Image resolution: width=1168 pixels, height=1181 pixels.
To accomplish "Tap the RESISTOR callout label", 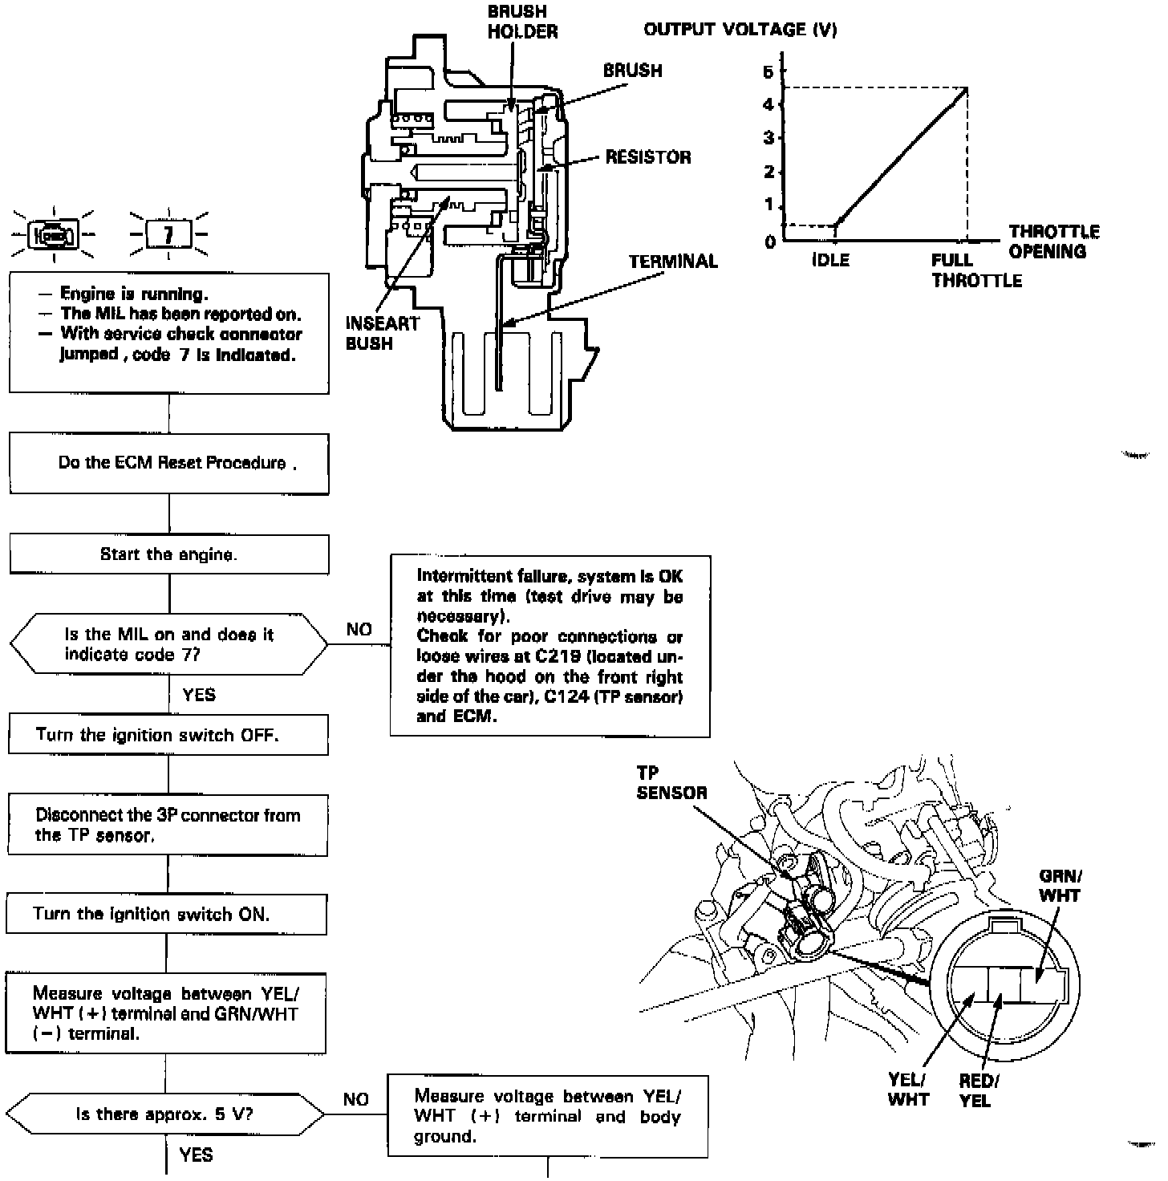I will click(648, 157).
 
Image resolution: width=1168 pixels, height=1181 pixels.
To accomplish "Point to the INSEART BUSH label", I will click(382, 333).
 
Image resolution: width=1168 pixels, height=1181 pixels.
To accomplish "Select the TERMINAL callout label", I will click(673, 262).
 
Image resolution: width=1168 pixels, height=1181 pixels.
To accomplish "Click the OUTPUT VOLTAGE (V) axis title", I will click(740, 30).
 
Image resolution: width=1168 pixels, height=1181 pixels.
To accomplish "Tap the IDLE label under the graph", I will click(830, 261).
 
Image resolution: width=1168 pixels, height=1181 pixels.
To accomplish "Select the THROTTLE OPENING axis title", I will click(1053, 241).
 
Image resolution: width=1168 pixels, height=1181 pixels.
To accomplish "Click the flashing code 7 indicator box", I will click(168, 235).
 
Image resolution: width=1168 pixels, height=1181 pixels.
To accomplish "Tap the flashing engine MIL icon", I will click(53, 235).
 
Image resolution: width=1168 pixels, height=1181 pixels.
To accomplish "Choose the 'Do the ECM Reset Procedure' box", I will click(169, 464).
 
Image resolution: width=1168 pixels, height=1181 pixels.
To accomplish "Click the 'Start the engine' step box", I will click(168, 554).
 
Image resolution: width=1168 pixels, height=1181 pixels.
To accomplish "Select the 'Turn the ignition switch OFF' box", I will click(168, 735).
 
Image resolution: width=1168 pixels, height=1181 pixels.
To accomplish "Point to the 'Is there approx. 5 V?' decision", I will click(166, 1114).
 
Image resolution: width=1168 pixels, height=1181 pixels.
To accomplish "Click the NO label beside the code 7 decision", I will click(359, 630).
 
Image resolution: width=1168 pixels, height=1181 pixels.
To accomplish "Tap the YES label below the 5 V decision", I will click(197, 1155).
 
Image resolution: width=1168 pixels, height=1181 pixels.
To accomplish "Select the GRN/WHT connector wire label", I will click(1059, 886).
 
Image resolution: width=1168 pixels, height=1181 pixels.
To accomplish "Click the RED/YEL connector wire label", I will click(978, 1090).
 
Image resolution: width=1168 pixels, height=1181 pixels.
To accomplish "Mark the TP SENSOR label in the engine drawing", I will click(671, 783).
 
